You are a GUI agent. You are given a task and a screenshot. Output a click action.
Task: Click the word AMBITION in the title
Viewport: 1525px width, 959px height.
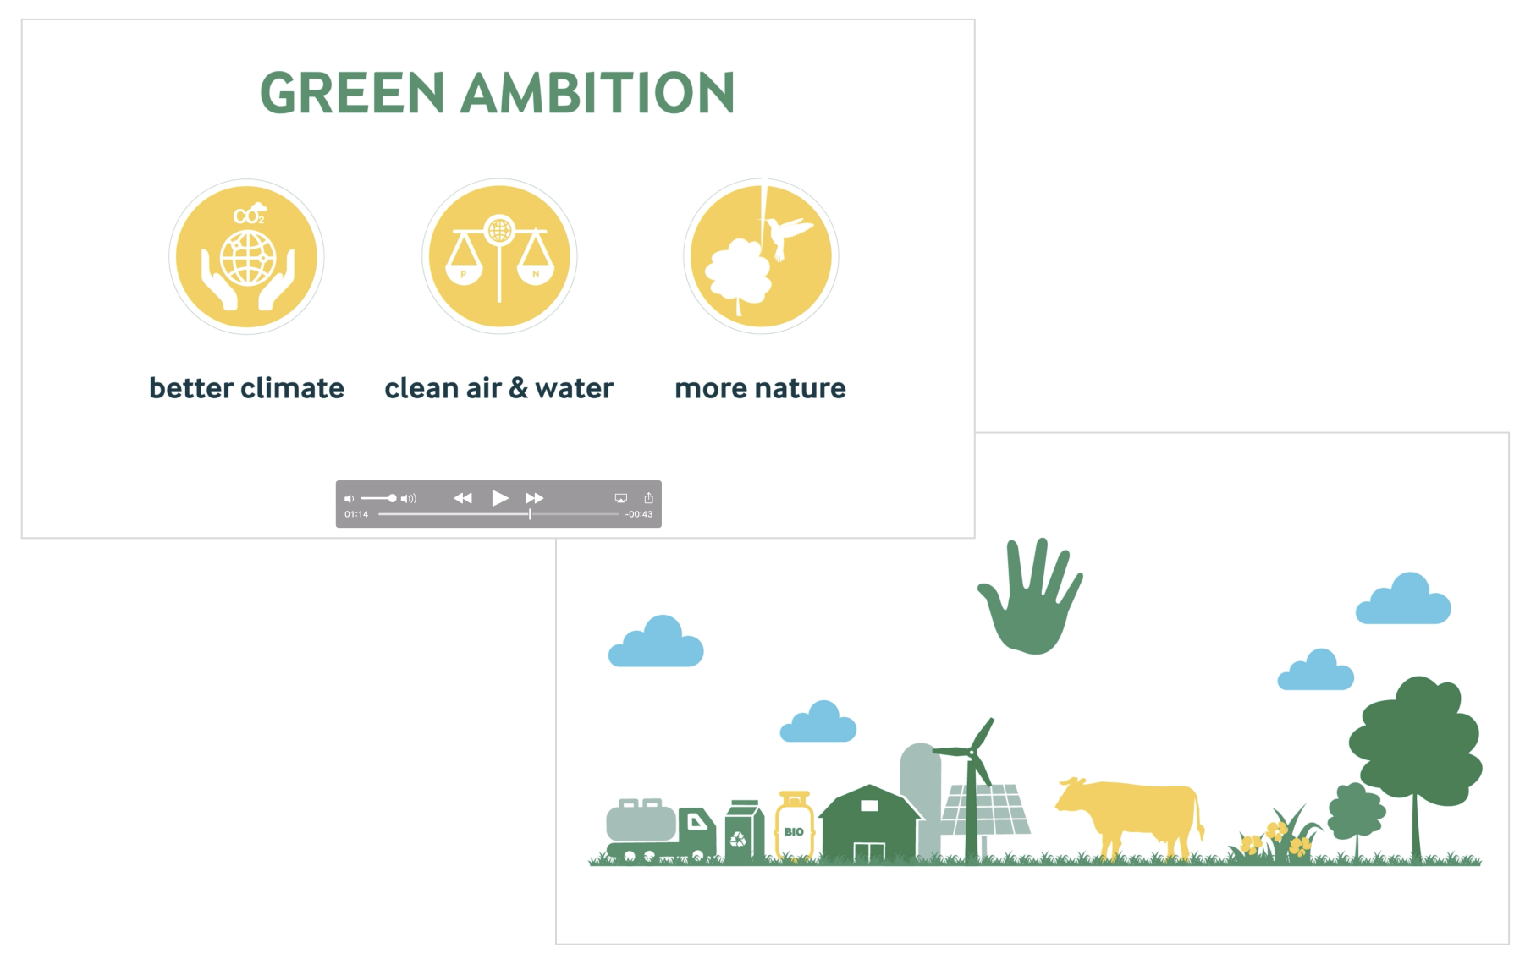599,92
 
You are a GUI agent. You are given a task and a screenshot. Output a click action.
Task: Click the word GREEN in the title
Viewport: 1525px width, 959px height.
352,92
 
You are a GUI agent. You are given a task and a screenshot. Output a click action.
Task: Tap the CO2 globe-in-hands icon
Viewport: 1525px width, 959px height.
246,256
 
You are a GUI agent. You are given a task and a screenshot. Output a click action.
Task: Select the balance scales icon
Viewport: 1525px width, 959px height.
499,256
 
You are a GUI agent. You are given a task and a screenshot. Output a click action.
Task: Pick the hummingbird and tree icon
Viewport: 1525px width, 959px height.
761,256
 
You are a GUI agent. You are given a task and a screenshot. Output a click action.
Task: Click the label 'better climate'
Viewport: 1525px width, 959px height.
246,387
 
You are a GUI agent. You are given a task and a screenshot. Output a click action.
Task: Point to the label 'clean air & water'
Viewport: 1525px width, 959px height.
498,387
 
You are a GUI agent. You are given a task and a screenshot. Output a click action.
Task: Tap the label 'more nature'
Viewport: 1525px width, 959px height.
760,387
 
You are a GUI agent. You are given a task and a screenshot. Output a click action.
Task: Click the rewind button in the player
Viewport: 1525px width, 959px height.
463,498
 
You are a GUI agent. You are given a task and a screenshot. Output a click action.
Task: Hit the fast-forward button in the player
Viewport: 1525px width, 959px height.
534,498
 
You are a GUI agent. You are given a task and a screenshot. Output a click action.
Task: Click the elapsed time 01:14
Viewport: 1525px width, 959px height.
356,514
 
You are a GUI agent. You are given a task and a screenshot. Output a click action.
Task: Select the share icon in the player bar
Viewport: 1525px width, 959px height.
649,498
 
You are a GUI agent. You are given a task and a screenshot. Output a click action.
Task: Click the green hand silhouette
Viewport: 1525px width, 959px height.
1030,597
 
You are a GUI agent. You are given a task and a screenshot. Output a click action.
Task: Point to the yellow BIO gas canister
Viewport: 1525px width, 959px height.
795,825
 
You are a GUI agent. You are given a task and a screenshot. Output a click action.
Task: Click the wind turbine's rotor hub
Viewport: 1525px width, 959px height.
972,752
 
